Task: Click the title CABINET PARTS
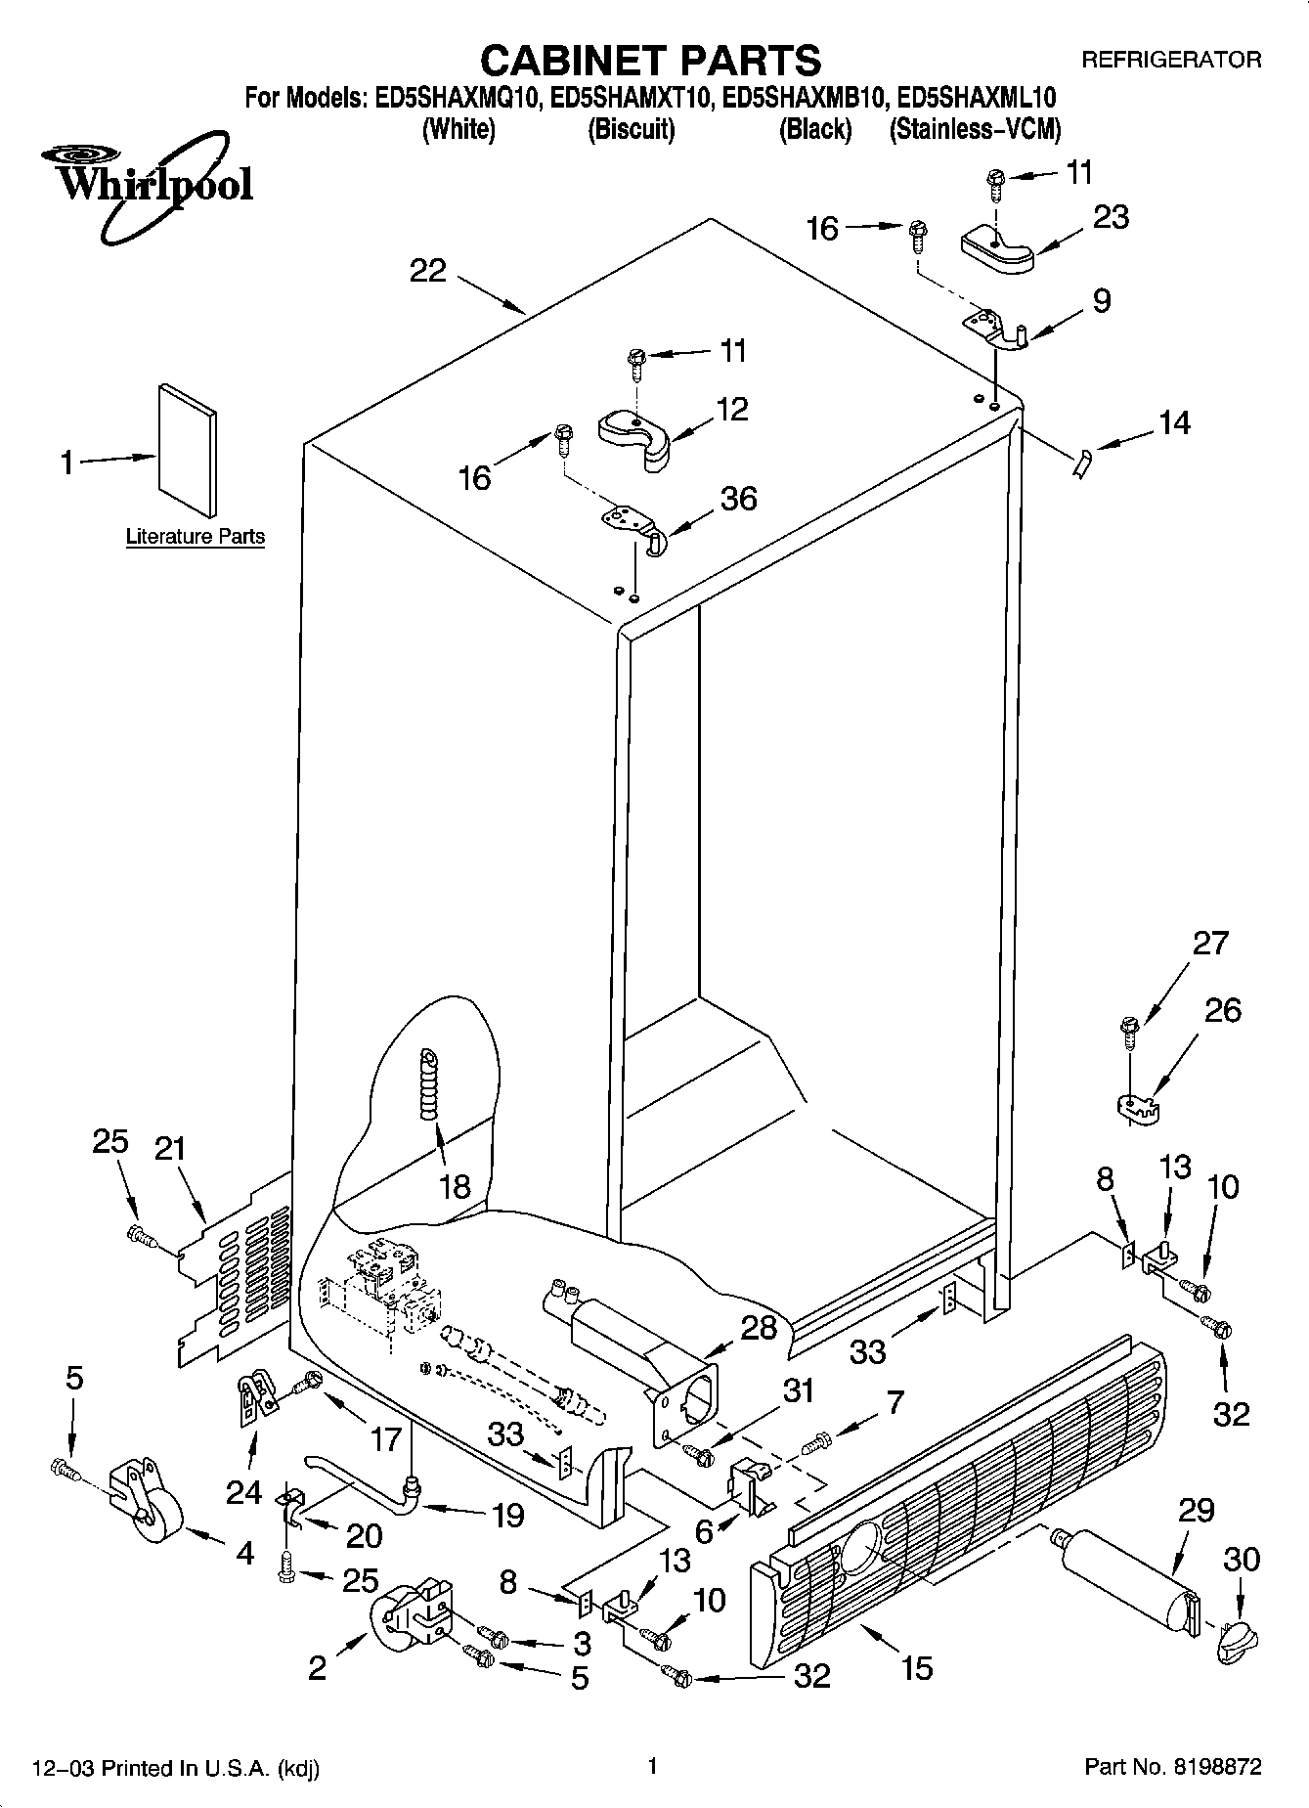point(650,61)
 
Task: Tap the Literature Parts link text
point(196,537)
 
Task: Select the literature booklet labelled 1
point(188,448)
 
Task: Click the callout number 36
point(738,499)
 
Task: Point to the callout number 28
point(759,1327)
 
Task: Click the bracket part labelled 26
point(1137,1107)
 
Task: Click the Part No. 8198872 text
point(1173,1767)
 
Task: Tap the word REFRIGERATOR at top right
point(1170,61)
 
